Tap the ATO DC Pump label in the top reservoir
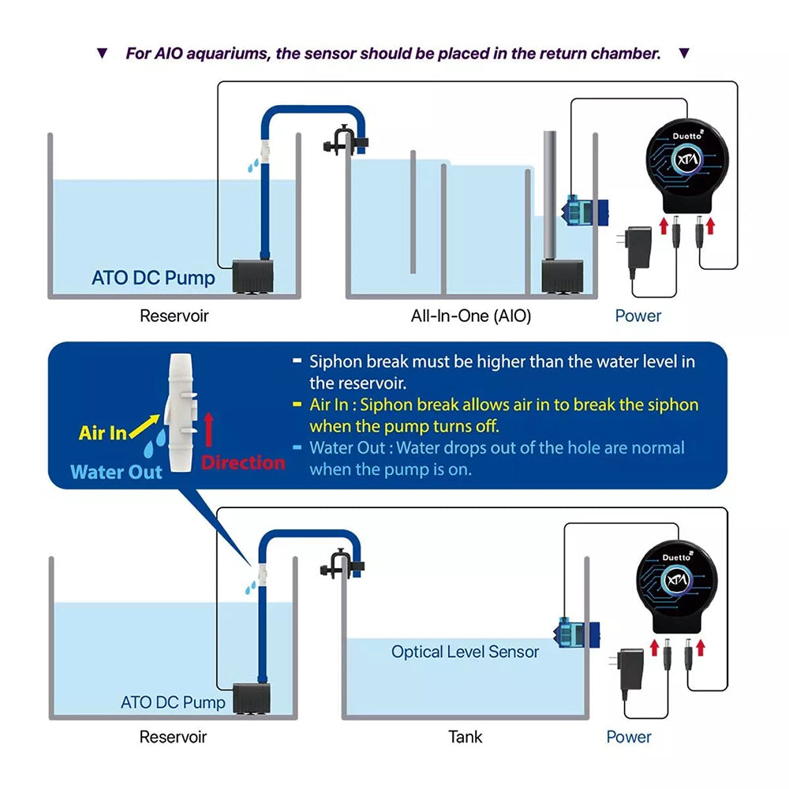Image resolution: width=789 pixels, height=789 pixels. (x=153, y=278)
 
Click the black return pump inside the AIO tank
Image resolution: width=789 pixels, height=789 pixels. (x=561, y=277)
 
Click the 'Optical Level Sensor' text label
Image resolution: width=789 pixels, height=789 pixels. (x=466, y=653)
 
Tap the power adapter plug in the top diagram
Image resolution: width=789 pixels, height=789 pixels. (x=639, y=249)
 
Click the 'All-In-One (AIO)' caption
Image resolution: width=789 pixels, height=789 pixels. (x=470, y=316)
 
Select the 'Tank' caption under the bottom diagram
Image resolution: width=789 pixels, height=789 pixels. (x=466, y=737)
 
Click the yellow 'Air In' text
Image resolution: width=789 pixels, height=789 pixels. (x=103, y=433)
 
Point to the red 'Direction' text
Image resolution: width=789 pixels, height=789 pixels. (x=242, y=462)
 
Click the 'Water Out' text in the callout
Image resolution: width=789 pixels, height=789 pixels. (x=116, y=472)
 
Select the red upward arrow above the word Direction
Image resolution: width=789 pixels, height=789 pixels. (x=209, y=431)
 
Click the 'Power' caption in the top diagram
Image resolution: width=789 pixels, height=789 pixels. (x=638, y=316)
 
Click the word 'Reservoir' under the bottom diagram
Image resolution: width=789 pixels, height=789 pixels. (x=174, y=737)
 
